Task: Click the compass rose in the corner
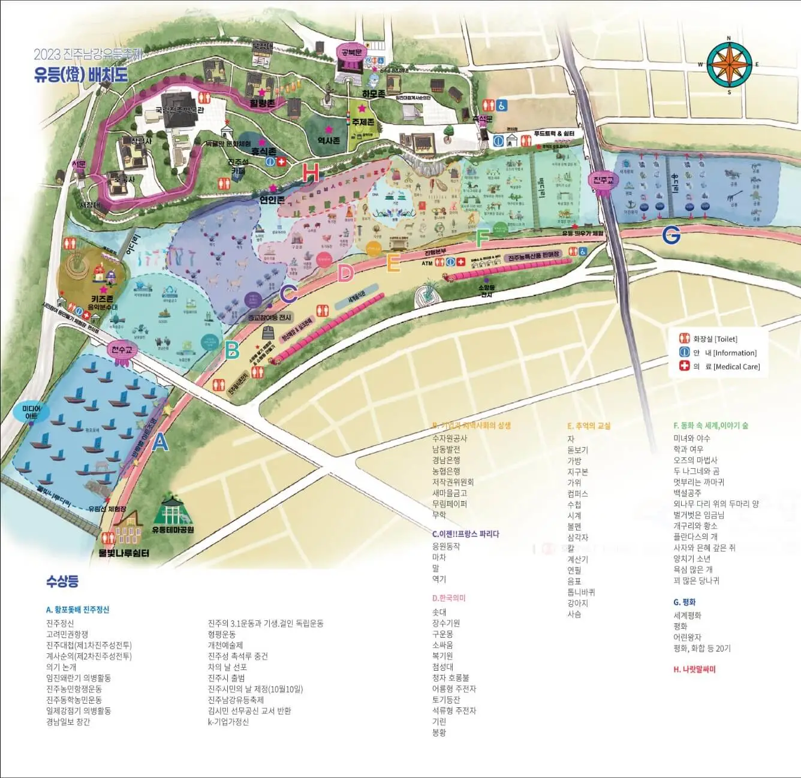pyautogui.click(x=729, y=65)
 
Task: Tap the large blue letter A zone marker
pyautogui.click(x=160, y=442)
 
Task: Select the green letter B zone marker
pyautogui.click(x=232, y=349)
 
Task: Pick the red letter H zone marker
pyautogui.click(x=311, y=173)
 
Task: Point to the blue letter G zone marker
pyautogui.click(x=671, y=235)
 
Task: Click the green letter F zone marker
pyautogui.click(x=482, y=239)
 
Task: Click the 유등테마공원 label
pyautogui.click(x=173, y=530)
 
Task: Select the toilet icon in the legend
pyautogui.click(x=684, y=339)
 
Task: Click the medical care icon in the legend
pyautogui.click(x=684, y=366)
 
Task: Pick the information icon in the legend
pyautogui.click(x=684, y=352)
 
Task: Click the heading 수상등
pyautogui.click(x=62, y=581)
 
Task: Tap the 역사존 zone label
pyautogui.click(x=329, y=140)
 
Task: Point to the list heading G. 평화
pyautogui.click(x=684, y=602)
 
